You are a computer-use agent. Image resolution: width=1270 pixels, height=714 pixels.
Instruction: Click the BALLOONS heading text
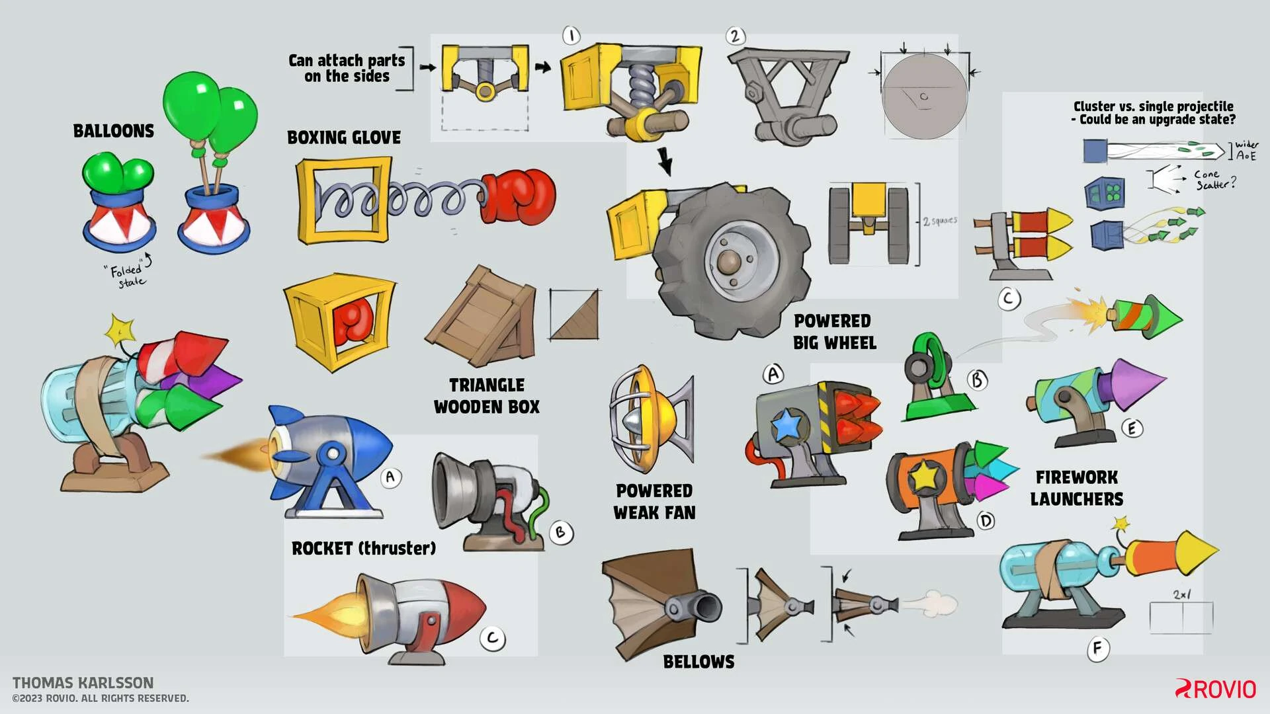coord(113,131)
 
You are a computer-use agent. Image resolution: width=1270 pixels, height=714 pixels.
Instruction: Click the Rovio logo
coord(1215,689)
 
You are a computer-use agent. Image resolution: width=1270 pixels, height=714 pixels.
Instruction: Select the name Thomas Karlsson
coord(83,683)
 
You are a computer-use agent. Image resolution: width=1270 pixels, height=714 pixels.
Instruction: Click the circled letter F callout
coord(1097,649)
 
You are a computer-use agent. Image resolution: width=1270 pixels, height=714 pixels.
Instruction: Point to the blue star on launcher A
coord(787,424)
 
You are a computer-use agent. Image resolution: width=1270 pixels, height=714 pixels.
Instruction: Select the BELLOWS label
coord(698,662)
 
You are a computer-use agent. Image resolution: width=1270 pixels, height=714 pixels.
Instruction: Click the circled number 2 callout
coord(735,36)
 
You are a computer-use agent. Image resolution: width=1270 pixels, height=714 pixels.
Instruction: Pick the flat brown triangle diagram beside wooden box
coord(574,315)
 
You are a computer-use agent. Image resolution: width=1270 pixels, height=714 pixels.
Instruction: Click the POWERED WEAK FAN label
coord(654,502)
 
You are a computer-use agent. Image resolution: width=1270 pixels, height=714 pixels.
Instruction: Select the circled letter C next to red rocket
coord(493,639)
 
